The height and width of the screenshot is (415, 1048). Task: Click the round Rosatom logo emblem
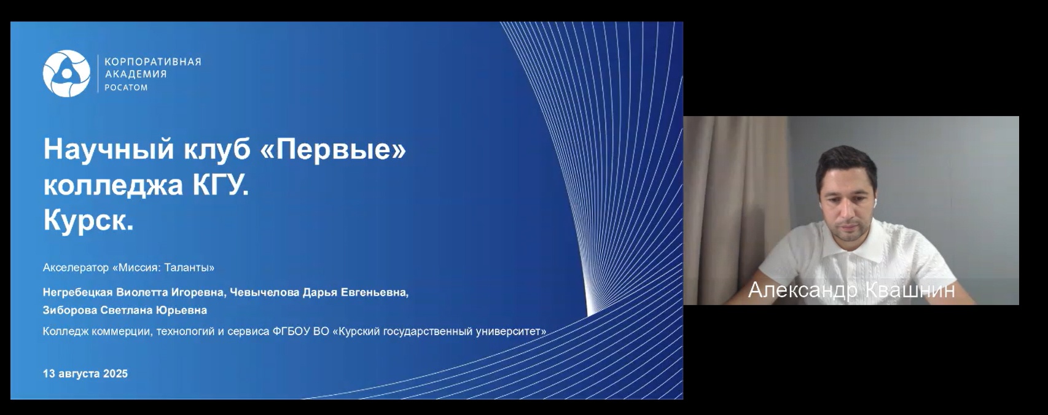pyautogui.click(x=66, y=74)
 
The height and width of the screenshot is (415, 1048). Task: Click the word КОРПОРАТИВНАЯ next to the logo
pyautogui.click(x=152, y=61)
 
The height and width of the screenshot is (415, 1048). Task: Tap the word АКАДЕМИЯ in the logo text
pyautogui.click(x=136, y=74)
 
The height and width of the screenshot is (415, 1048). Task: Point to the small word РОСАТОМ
pyautogui.click(x=126, y=87)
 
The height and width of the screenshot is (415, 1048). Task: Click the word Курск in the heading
pyautogui.click(x=85, y=220)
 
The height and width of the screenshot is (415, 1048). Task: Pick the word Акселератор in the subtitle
pyautogui.click(x=76, y=268)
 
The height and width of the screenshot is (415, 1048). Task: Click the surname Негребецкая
pyautogui.click(x=77, y=293)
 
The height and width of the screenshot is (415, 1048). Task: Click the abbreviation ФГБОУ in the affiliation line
pyautogui.click(x=291, y=332)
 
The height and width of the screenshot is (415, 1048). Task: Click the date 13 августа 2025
pyautogui.click(x=85, y=374)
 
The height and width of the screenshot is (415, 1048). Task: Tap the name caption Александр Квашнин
pyautogui.click(x=851, y=290)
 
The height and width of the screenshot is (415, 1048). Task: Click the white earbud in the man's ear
pyautogui.click(x=874, y=203)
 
